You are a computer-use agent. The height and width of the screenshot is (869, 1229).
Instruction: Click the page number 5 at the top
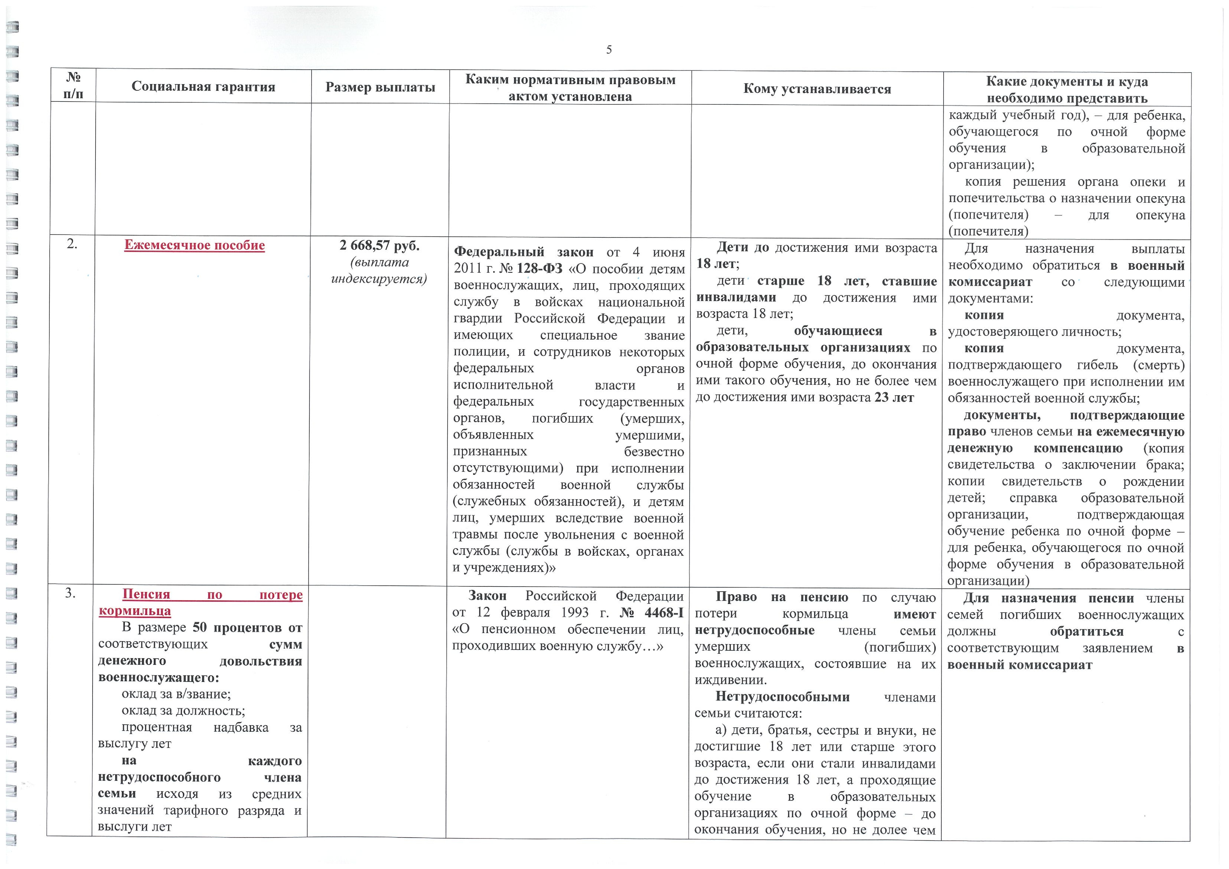(x=609, y=50)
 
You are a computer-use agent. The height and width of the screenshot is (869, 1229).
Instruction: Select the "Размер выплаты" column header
(x=380, y=87)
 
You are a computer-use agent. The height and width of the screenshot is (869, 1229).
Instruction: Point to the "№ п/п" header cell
(x=73, y=86)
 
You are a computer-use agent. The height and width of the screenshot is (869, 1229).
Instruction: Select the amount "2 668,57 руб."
(x=379, y=246)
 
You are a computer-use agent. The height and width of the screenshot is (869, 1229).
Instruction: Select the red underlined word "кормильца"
(x=135, y=611)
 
